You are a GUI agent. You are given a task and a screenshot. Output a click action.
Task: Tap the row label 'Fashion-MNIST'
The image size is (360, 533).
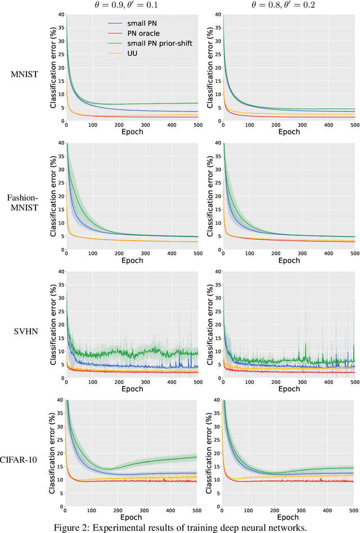(23, 203)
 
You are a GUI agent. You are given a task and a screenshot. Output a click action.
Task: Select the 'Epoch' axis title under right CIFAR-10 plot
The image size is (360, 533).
(288, 517)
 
